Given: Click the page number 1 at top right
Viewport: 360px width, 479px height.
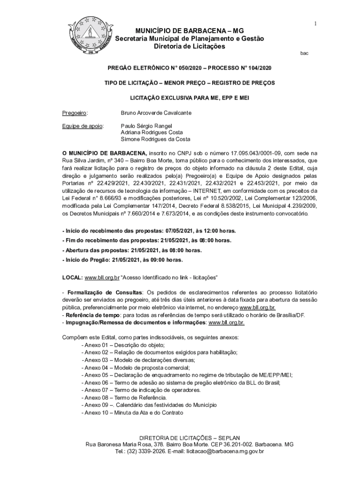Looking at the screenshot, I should point(316,24).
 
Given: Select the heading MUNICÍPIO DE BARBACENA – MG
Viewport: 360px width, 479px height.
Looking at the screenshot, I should point(189,30).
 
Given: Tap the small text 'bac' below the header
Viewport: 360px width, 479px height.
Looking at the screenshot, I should point(304,53).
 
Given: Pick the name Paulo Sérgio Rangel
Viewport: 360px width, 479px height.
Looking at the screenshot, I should point(146,126).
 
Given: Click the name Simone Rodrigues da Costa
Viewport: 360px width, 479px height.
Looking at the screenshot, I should point(155,139).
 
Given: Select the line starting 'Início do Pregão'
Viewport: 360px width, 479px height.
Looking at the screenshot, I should point(122,260).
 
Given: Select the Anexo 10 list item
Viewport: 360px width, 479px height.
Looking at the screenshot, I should point(132,413).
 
